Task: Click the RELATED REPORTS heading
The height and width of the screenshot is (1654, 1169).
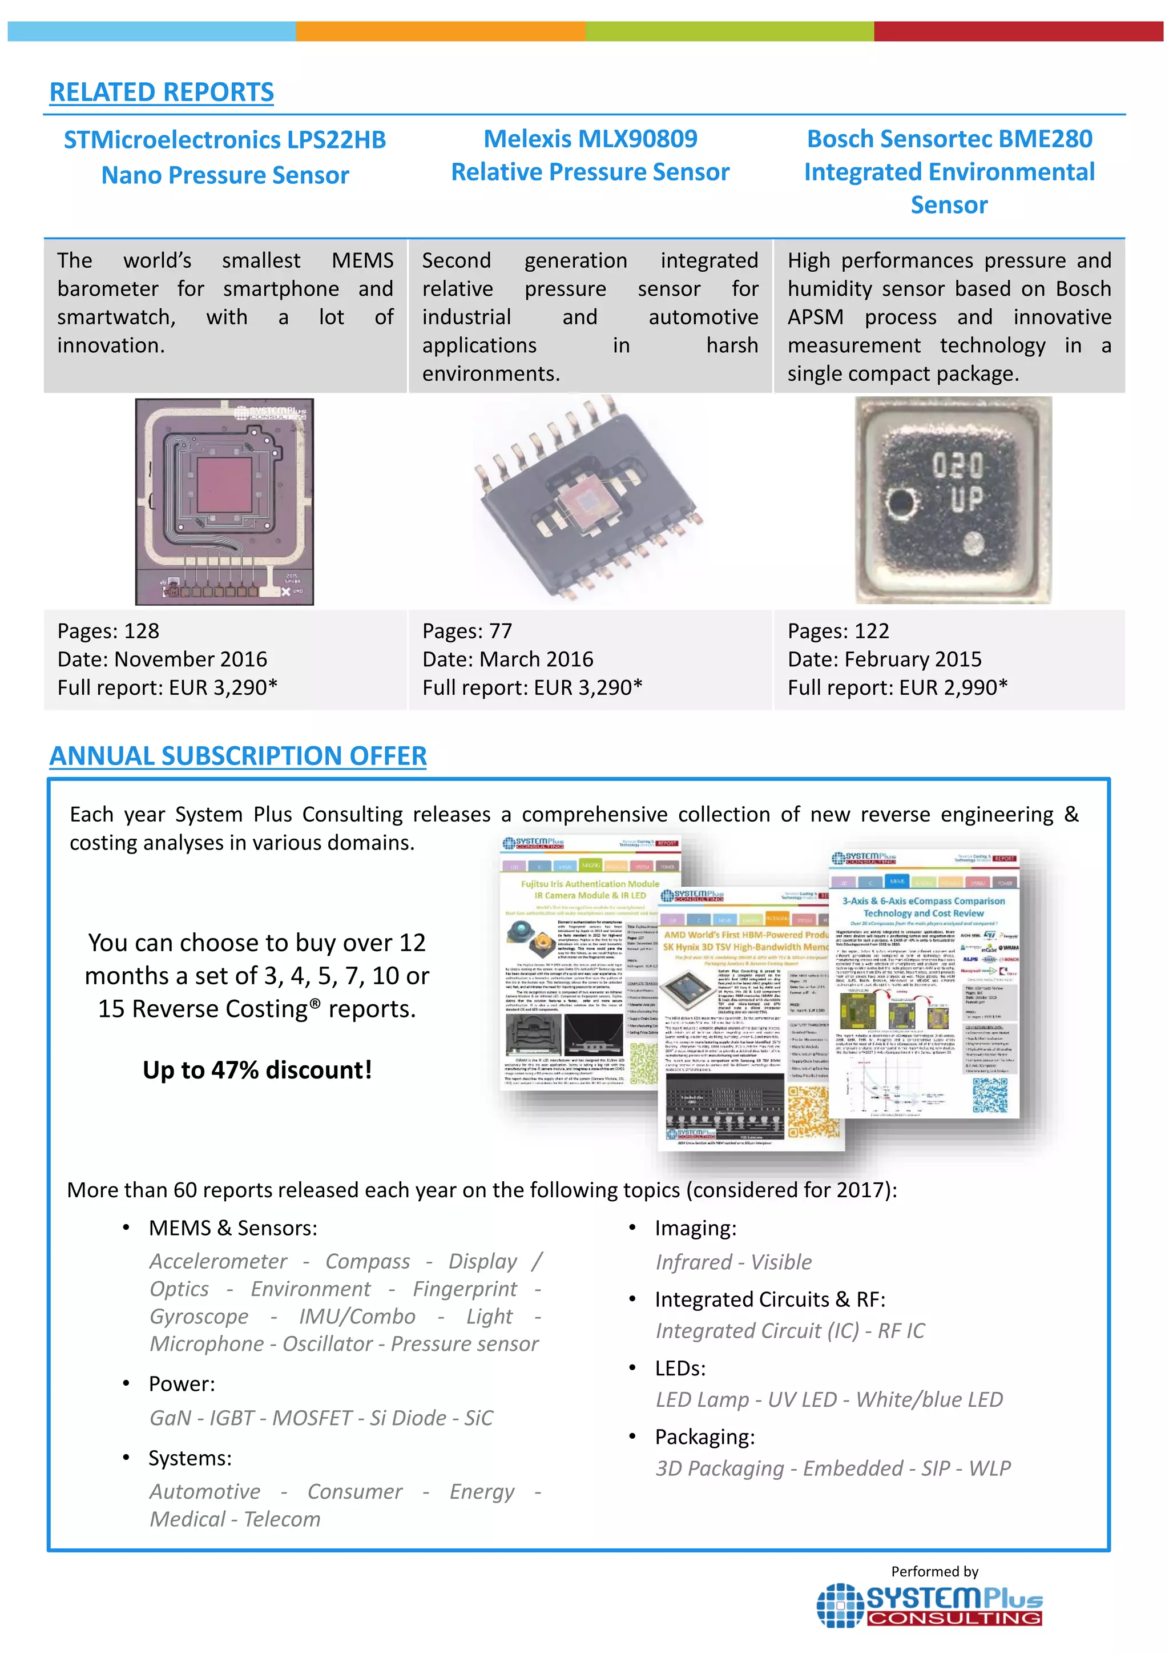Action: [x=162, y=92]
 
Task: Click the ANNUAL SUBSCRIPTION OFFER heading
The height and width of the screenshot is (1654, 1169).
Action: [x=237, y=756]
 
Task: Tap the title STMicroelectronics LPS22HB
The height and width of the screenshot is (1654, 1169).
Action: [x=225, y=140]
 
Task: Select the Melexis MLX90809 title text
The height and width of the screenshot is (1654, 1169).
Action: [x=590, y=138]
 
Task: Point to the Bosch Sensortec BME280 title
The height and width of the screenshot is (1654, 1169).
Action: [x=949, y=138]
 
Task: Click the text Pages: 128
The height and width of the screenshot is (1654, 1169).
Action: [x=108, y=631]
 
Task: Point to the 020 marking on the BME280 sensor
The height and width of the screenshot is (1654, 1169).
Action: [x=957, y=465]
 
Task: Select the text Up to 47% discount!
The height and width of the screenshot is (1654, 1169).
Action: [x=257, y=1070]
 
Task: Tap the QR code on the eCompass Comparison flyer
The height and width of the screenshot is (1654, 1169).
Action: [x=990, y=1095]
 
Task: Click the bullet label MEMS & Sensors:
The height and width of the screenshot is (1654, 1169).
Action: [x=233, y=1228]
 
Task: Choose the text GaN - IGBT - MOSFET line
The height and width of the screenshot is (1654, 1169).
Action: [x=321, y=1418]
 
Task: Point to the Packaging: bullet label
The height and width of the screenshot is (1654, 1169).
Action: [x=704, y=1437]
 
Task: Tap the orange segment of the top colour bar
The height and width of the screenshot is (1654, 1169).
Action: [x=440, y=31]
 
